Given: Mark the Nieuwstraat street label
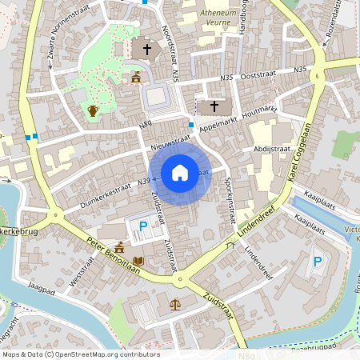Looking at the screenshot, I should tap(170, 142).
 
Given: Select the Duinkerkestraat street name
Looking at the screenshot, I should tap(105, 192).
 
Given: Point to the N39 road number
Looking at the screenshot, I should tap(145, 182).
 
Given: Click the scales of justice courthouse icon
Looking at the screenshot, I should tap(175, 305).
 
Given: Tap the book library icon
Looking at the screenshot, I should tap(138, 261).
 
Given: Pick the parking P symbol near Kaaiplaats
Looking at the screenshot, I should tap(318, 261).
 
